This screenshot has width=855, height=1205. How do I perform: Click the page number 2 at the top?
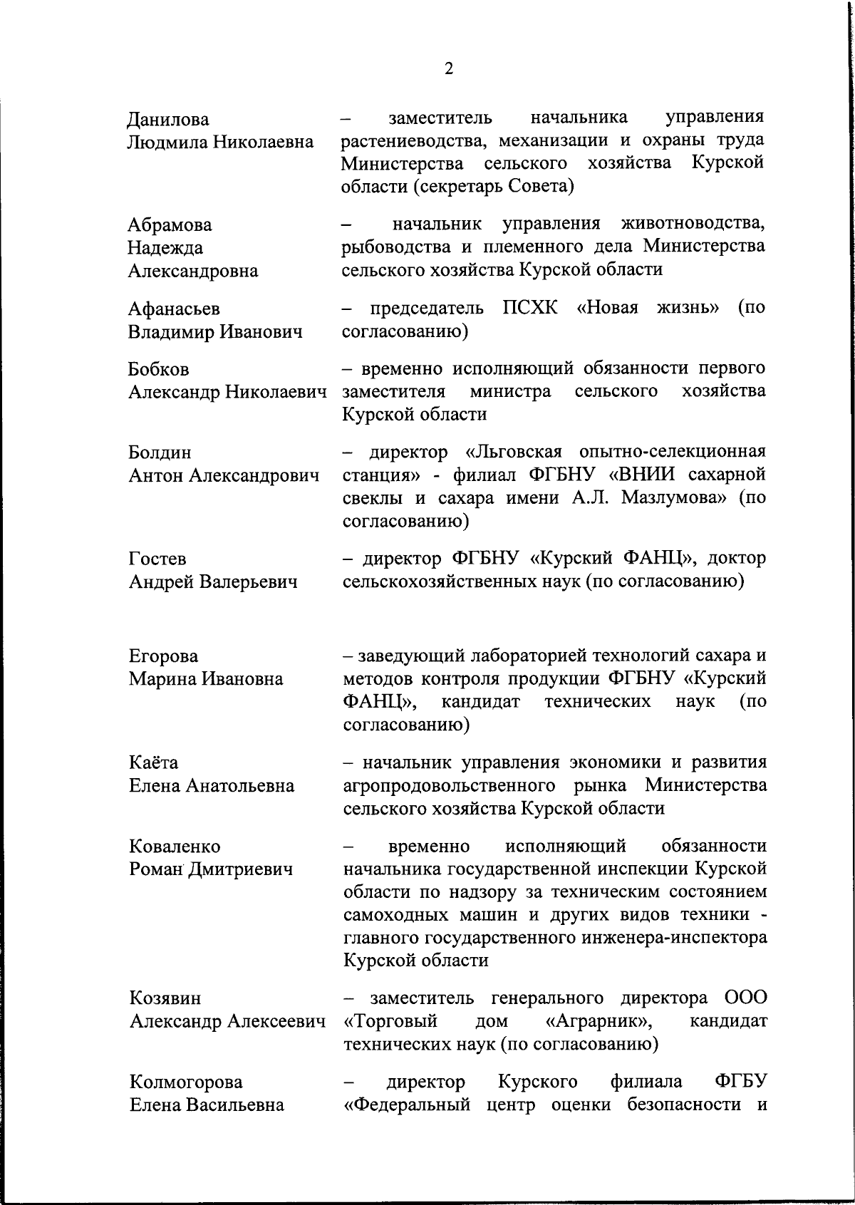point(448,69)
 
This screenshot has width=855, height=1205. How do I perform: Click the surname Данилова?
point(169,120)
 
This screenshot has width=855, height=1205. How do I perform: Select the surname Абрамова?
point(170,225)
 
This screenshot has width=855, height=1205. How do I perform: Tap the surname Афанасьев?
point(174,309)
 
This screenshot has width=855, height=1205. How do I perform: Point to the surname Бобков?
point(159,369)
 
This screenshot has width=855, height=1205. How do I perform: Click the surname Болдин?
point(160,453)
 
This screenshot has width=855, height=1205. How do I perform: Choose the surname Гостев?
point(157,559)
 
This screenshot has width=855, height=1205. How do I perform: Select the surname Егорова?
point(163,656)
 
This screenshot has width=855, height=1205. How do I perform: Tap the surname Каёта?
point(153,762)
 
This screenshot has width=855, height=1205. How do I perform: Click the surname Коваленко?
point(175,847)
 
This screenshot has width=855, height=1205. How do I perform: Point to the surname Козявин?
point(165,998)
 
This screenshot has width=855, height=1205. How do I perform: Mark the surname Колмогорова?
point(186,1082)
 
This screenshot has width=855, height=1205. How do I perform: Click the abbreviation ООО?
point(745,998)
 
